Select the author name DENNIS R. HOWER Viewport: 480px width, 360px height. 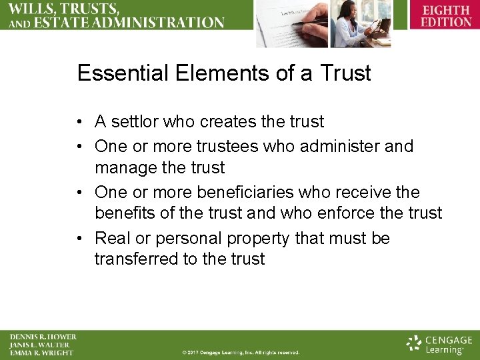[43, 337]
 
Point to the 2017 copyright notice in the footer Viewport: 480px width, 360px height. [241, 352]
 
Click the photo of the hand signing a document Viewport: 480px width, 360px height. [289, 23]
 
